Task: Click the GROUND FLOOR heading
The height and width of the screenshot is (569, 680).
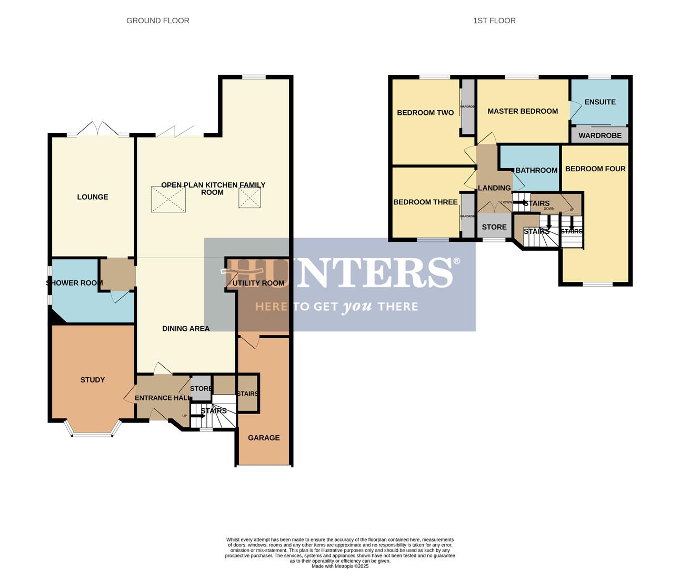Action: point(157,21)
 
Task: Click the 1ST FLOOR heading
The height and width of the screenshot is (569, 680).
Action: point(494,21)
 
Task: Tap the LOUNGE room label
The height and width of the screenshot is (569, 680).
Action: point(93,197)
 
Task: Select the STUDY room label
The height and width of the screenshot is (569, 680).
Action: point(93,380)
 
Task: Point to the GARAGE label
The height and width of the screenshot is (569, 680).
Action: point(264,438)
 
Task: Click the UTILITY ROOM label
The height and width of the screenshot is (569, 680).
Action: point(258,283)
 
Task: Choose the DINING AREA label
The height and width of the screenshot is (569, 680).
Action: point(186,329)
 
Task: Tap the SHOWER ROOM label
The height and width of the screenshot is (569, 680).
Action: point(74,283)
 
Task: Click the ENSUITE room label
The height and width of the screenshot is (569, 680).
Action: point(599,102)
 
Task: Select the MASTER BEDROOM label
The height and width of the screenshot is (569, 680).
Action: point(523,111)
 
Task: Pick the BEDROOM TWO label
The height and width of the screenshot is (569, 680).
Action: point(425,113)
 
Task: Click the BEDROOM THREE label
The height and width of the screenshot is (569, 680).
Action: point(425,202)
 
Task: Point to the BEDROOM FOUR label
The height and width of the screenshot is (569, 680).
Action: point(595,169)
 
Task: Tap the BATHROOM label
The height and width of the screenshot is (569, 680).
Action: point(536,170)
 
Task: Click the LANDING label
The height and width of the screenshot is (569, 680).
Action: point(494,188)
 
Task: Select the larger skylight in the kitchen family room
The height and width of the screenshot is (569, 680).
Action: point(168,200)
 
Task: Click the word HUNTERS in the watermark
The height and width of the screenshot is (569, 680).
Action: point(339,272)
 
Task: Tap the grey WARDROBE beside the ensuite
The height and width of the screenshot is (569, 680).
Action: point(600,135)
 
